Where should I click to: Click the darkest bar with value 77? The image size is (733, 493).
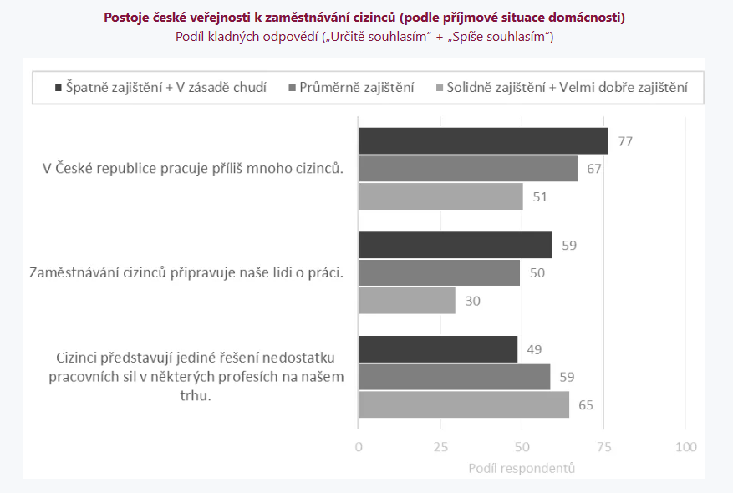483,141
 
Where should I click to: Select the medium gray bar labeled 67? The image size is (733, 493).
467,169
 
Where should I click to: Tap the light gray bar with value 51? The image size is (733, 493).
440,196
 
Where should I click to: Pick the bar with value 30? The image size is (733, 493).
407,300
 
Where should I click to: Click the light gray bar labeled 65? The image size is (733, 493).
464,404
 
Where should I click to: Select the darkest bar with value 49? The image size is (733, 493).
438,349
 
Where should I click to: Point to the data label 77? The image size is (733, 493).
624,141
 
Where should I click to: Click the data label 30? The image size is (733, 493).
473,300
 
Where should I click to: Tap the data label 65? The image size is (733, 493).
586,404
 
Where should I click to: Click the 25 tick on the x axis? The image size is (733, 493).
440,447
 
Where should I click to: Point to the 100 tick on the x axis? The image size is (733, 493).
685,447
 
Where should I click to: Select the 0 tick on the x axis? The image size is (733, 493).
359,447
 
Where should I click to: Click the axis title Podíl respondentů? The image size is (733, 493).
522,468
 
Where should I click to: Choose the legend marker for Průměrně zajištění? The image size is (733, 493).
292,87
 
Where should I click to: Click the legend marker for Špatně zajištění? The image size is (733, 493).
58,87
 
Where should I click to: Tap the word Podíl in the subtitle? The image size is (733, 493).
191,37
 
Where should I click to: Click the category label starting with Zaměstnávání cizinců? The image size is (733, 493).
186,272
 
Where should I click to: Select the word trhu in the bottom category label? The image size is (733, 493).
196,395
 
